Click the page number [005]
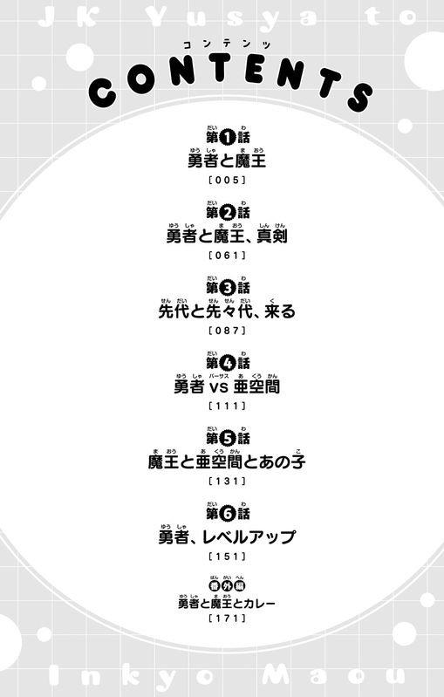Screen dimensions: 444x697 pos(227,180)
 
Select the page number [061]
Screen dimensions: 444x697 pos(227,255)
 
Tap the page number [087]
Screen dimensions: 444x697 pos(227,331)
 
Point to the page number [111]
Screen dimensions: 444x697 pos(227,406)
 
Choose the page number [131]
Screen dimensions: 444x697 pos(227,481)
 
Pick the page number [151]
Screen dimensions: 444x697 pos(227,556)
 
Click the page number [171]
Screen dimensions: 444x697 pos(227,618)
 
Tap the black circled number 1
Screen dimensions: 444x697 pos(227,138)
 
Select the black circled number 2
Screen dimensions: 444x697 pos(227,213)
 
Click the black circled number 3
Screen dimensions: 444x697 pos(227,288)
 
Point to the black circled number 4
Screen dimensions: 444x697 pos(227,363)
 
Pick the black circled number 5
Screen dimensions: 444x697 pos(227,439)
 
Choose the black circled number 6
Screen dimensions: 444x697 pos(227,514)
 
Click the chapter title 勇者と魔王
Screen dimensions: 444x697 pos(227,160)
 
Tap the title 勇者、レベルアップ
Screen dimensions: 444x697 pos(227,537)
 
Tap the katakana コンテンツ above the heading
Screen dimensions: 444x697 pos(227,44)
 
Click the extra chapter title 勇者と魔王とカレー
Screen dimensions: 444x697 pos(227,603)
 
